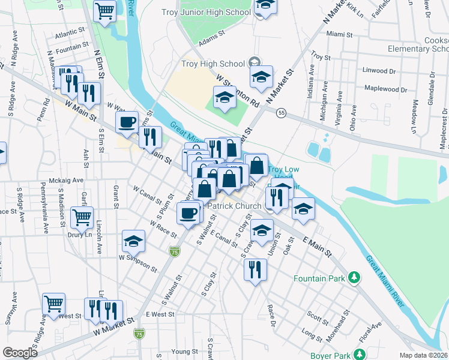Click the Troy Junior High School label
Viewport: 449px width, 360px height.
coord(206,13)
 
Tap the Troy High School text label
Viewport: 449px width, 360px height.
coord(213,64)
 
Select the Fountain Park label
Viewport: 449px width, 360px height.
coord(319,278)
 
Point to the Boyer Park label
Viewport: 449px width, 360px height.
coord(330,356)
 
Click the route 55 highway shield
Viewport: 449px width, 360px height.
coord(280,113)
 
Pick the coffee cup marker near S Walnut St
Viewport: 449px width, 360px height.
coord(188,213)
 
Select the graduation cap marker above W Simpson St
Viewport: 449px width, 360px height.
coord(133,241)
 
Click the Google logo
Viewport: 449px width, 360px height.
coord(20,353)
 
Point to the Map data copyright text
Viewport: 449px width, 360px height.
coord(423,355)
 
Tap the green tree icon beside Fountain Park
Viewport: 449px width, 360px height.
coord(355,278)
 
